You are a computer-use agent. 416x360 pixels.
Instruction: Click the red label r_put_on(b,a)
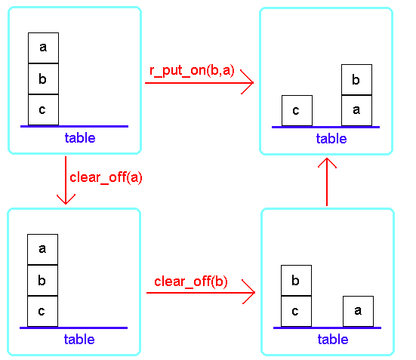192,71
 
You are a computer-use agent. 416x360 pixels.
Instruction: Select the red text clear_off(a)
106,177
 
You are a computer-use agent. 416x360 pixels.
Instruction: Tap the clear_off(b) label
191,282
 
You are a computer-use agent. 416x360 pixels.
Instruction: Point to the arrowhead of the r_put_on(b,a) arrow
254,82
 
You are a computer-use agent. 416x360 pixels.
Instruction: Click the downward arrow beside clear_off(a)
66,180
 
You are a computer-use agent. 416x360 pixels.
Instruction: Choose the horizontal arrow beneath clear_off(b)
201,292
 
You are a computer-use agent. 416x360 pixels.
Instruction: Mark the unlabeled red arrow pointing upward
327,182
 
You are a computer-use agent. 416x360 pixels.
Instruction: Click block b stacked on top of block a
356,79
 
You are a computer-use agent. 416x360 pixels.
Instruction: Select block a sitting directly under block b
356,110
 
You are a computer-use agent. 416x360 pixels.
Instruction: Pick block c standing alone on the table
297,110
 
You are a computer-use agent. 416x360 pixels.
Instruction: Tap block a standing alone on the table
358,311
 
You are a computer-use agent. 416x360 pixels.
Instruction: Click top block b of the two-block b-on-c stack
297,281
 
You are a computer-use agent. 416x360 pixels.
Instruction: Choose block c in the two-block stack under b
297,311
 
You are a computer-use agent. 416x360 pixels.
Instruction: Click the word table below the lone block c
331,138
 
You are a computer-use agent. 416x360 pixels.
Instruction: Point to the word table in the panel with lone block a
333,340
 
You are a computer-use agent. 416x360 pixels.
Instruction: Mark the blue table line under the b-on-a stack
326,127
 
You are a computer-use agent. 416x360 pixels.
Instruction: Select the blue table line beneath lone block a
328,328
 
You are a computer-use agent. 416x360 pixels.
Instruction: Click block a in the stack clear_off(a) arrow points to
43,249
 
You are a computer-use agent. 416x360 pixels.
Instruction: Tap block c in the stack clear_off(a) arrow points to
43,311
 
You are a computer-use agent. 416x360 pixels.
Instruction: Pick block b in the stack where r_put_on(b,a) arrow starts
44,78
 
